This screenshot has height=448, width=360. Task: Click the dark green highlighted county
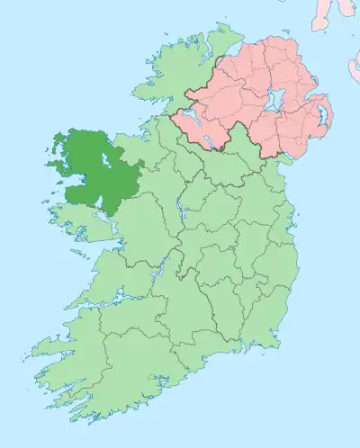[x=85, y=171]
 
